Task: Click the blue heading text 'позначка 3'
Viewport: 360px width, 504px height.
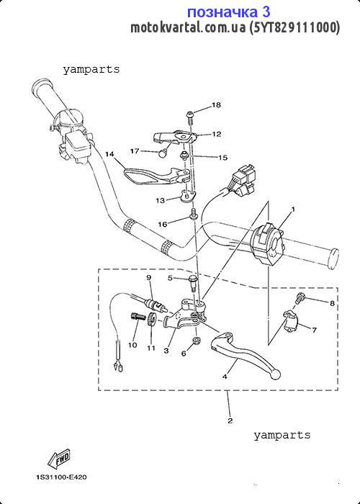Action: (x=228, y=12)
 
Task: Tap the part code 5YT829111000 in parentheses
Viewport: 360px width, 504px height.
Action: (x=294, y=27)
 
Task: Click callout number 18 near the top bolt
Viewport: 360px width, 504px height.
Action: (x=216, y=105)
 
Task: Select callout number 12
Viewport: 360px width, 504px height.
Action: (x=216, y=134)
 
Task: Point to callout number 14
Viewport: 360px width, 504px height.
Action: (x=109, y=154)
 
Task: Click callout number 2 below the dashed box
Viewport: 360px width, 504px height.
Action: (x=230, y=420)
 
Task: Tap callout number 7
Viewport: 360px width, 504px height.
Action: (x=314, y=330)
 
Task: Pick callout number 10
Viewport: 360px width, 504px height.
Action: (x=132, y=345)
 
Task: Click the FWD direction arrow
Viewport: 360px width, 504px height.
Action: (x=59, y=459)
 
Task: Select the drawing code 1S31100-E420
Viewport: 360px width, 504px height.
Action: (x=61, y=477)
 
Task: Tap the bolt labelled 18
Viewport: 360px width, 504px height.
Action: (x=189, y=117)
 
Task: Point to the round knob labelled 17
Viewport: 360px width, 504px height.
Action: (x=163, y=153)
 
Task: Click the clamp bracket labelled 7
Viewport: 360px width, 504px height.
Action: (x=291, y=323)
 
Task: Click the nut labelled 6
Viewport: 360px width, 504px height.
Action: (x=195, y=341)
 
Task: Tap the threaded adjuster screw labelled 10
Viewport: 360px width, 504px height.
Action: (x=137, y=317)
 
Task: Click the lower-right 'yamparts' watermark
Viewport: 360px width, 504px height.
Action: (x=282, y=435)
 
